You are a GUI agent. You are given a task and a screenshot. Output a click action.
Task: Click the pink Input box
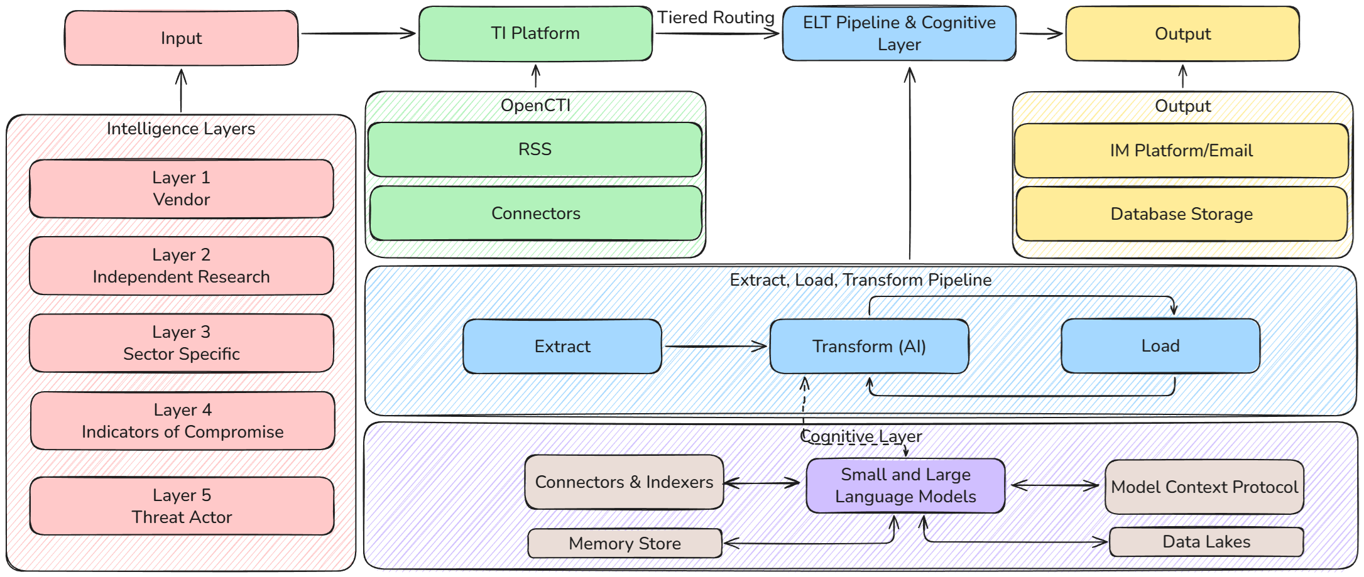point(181,38)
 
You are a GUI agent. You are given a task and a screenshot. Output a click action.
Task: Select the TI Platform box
point(535,34)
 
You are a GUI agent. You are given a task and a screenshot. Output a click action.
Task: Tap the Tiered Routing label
point(716,18)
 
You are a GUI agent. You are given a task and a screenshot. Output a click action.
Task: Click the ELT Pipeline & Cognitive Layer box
point(899,34)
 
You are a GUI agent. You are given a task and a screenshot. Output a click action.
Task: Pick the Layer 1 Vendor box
point(182,188)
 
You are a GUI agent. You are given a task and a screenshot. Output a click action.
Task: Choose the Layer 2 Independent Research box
point(182,266)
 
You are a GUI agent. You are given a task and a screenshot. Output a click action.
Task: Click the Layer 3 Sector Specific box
point(182,343)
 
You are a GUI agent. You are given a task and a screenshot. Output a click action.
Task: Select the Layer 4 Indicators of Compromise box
point(183,421)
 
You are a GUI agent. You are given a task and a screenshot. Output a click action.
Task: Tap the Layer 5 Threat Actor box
point(182,506)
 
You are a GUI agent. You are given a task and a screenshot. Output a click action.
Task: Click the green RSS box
point(535,149)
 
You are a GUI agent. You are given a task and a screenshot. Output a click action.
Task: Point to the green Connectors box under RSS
point(536,213)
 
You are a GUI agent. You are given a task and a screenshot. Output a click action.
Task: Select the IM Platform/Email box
point(1181,151)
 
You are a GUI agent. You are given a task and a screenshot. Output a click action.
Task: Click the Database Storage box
point(1181,214)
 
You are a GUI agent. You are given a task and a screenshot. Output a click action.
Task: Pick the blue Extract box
point(562,347)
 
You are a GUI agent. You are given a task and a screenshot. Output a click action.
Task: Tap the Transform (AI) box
point(869,347)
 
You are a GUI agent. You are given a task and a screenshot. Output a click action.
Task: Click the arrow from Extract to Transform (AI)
point(716,346)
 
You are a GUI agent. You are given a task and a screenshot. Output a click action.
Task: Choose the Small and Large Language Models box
point(905,485)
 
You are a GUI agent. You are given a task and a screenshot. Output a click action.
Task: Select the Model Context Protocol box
point(1204,487)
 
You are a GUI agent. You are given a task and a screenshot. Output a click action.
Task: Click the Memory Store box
point(625,544)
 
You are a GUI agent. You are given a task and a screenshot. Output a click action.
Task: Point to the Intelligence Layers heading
point(181,129)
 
